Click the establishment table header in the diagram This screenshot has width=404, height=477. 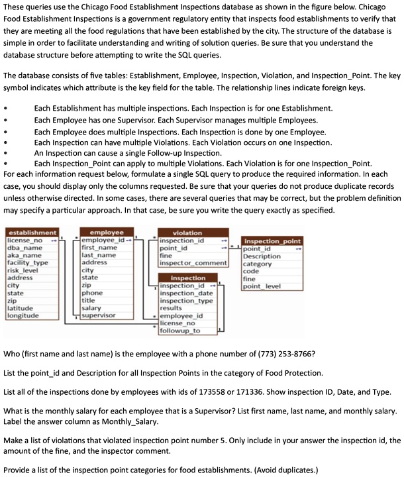point(32,233)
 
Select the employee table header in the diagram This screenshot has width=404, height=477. point(106,233)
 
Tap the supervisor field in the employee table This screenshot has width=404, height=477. point(98,316)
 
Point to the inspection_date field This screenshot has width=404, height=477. point(187,293)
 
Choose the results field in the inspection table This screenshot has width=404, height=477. point(171,308)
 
